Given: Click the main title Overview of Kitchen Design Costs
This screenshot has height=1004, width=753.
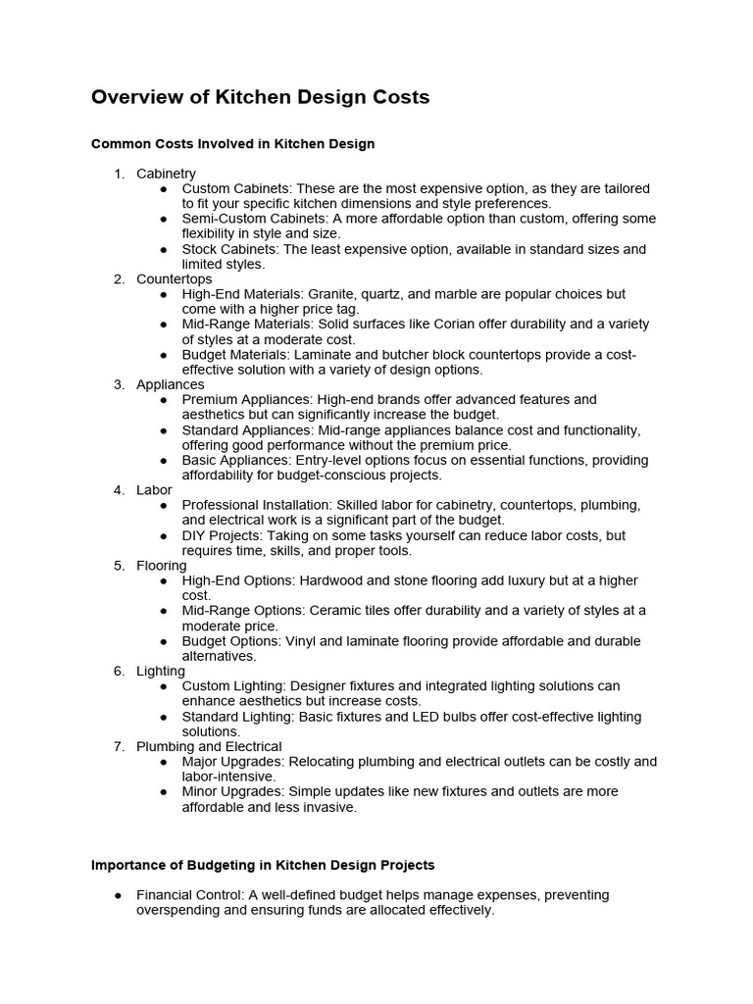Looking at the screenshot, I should coord(260,97).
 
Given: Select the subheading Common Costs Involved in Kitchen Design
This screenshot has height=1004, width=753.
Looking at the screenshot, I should coord(232,144).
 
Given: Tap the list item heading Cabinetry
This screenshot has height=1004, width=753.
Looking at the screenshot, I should coord(166,174).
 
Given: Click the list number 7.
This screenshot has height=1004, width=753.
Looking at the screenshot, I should coord(119,746).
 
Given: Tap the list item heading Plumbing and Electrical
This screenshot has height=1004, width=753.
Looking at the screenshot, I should coord(209,746).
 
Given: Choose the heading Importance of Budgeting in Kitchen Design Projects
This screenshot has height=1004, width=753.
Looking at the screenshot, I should coord(263,866).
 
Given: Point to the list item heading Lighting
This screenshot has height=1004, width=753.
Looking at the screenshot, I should coord(161,671).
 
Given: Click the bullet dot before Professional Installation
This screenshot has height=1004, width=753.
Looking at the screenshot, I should coord(163,506).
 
